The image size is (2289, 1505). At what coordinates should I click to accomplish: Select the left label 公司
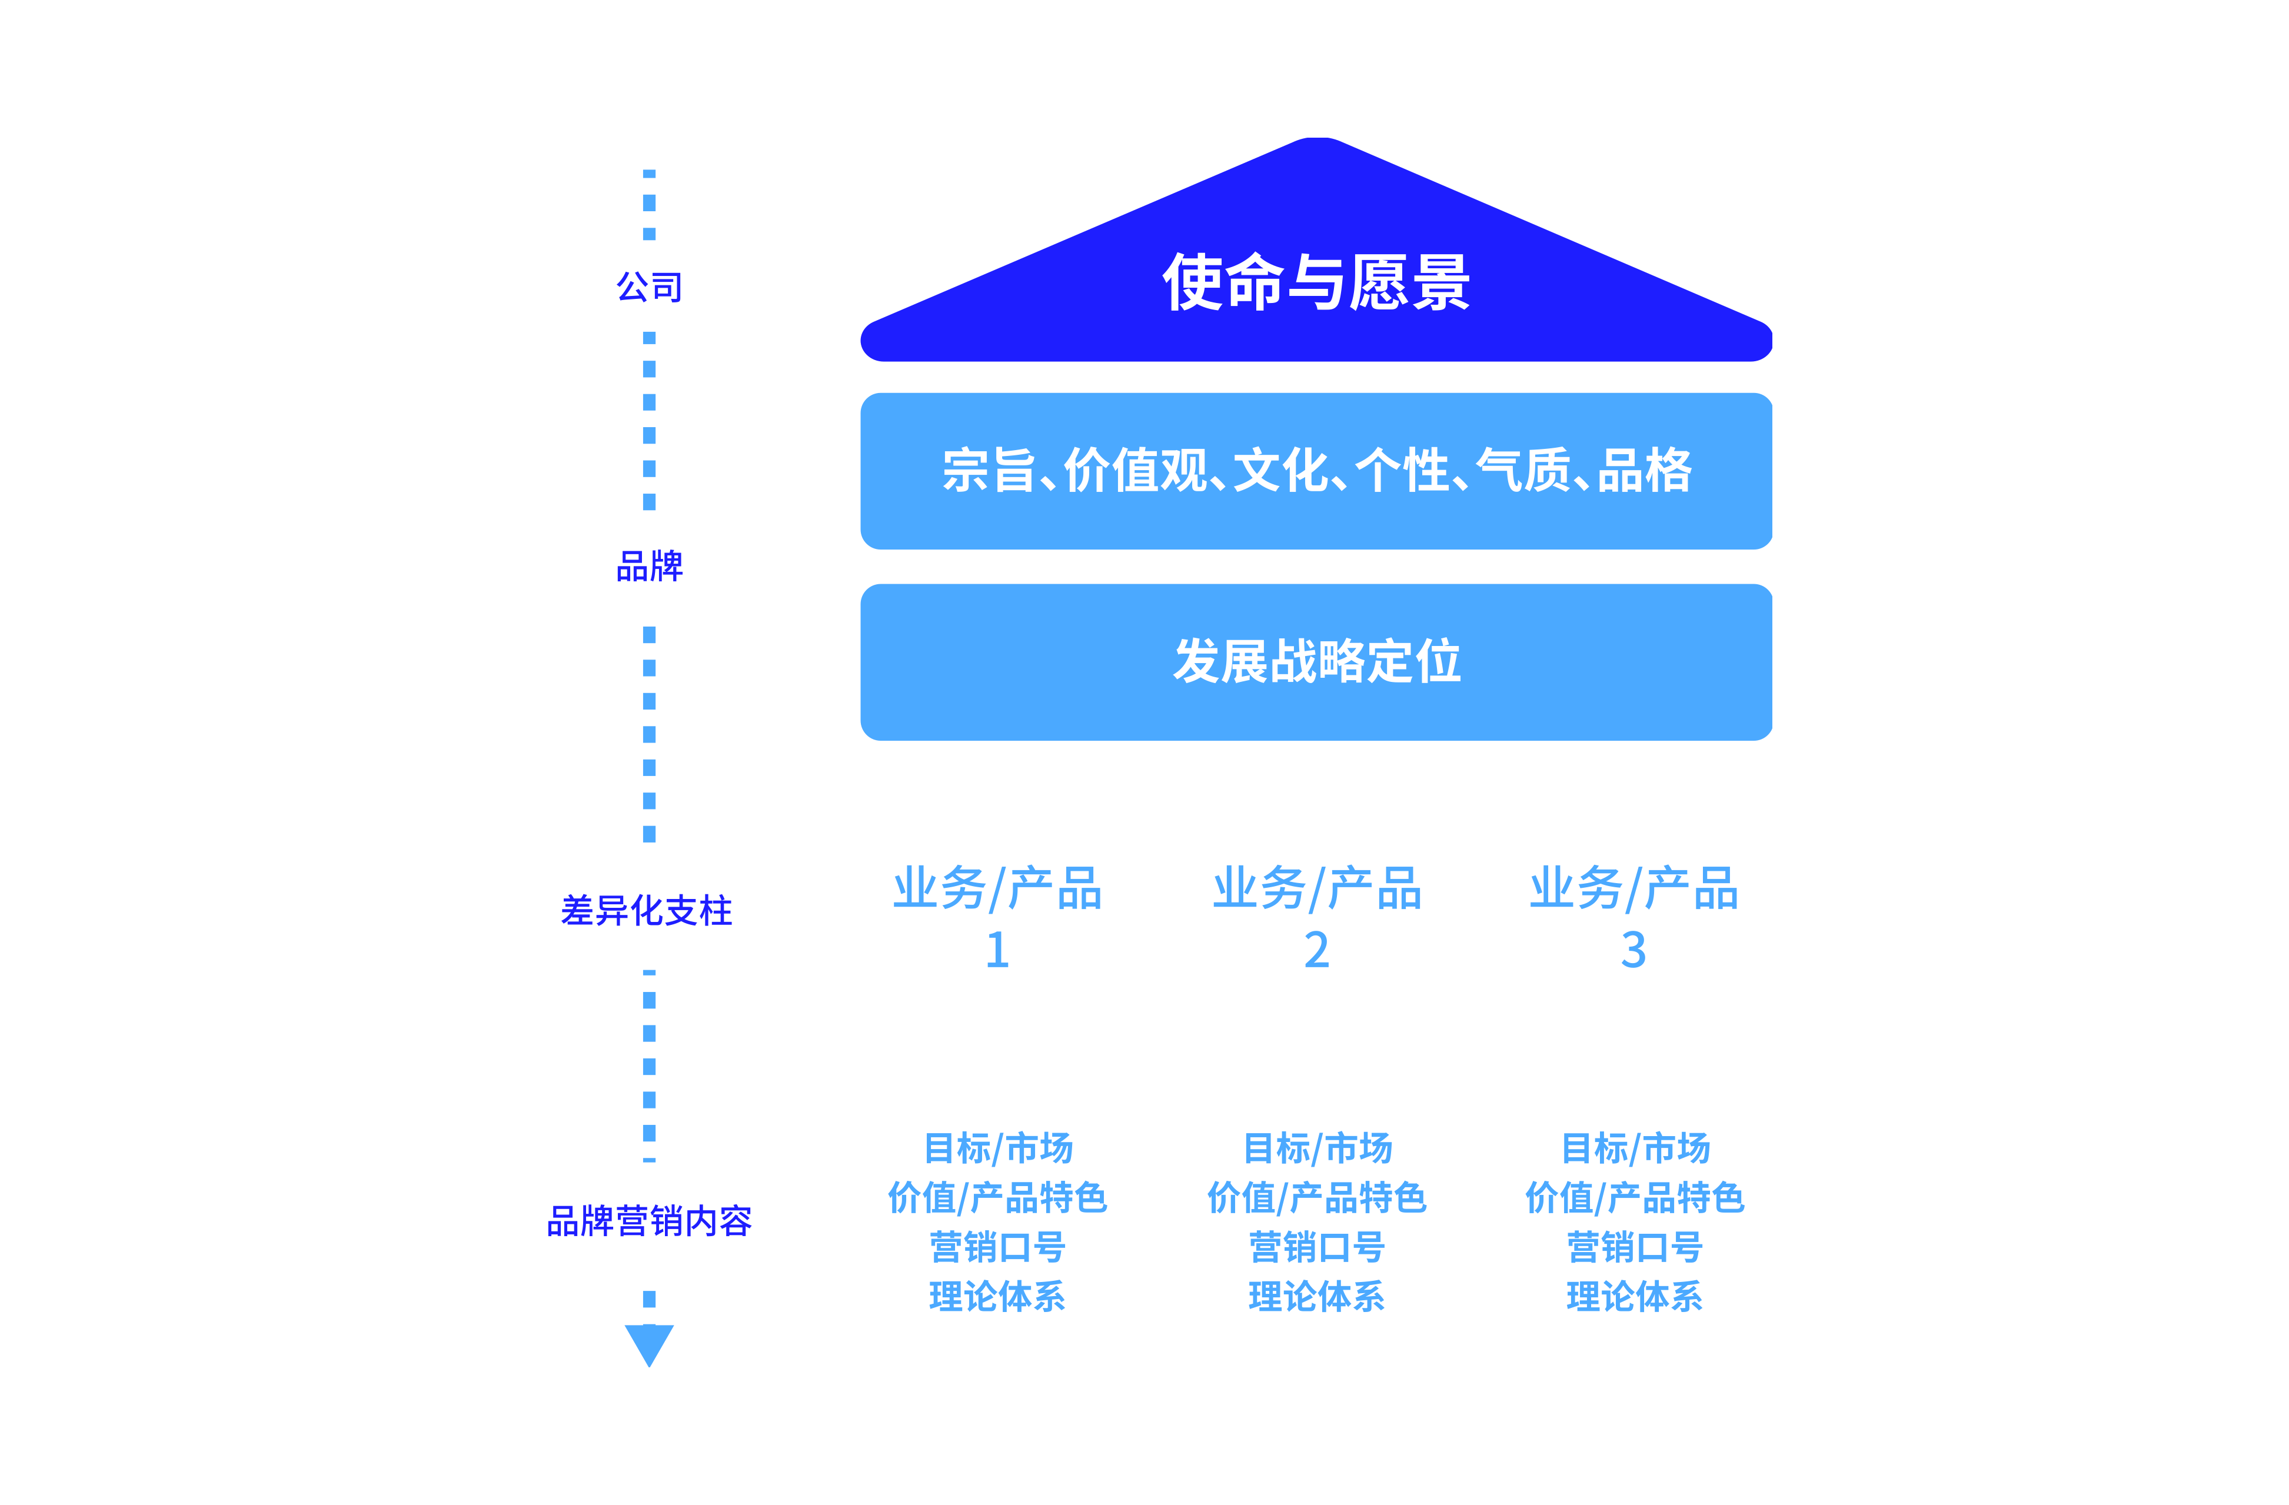tap(649, 287)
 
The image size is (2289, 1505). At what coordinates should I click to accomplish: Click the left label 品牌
tap(649, 567)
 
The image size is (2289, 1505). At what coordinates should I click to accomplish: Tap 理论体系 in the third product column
tap(1634, 1296)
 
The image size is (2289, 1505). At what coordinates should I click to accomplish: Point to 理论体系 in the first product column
tap(997, 1296)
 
